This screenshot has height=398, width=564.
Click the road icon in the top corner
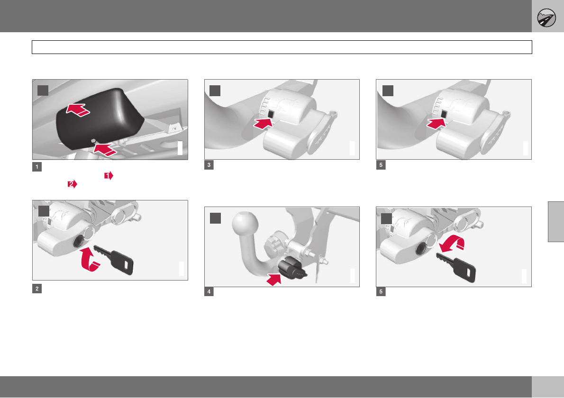[546, 18]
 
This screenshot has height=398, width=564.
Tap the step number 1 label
[36, 167]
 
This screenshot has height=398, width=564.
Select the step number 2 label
[36, 289]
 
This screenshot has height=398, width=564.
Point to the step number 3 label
[209, 165]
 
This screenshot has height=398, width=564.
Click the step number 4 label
[209, 291]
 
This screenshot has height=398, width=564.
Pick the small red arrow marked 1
[109, 175]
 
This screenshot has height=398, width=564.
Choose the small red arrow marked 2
[73, 184]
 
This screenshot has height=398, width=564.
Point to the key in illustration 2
[114, 259]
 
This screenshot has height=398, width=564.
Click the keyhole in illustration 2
[78, 241]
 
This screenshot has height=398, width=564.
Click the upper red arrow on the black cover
[78, 110]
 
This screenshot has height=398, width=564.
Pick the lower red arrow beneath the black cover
[105, 150]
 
